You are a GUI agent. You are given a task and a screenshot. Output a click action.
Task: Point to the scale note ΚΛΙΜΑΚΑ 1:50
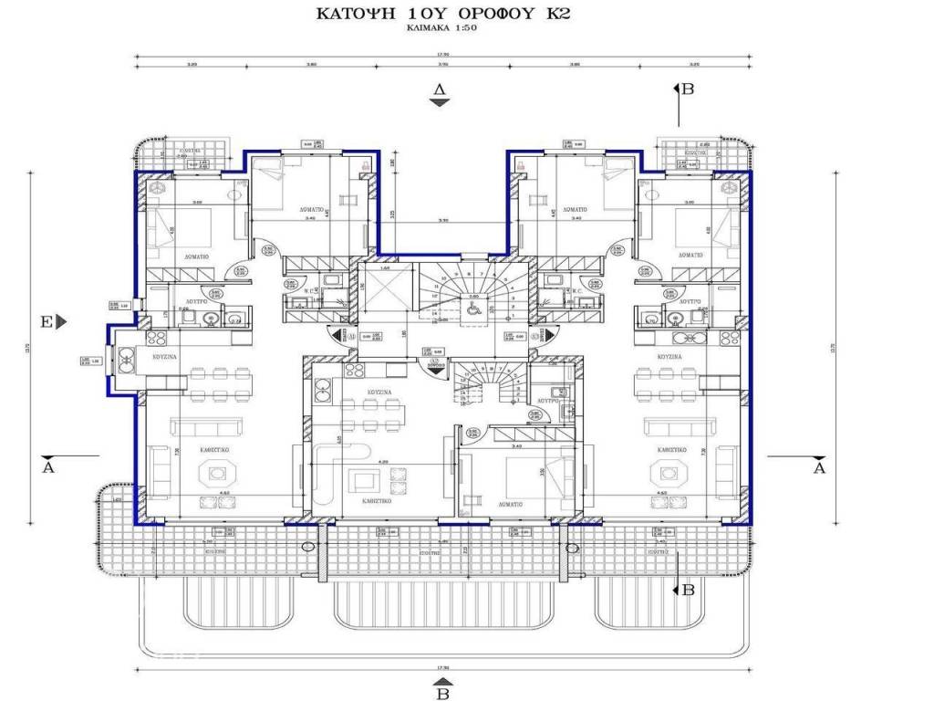pyautogui.click(x=441, y=29)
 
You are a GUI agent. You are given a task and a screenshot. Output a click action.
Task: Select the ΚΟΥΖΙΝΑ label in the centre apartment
pyautogui.click(x=379, y=391)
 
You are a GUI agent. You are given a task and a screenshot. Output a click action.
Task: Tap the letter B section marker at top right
pyautogui.click(x=688, y=89)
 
